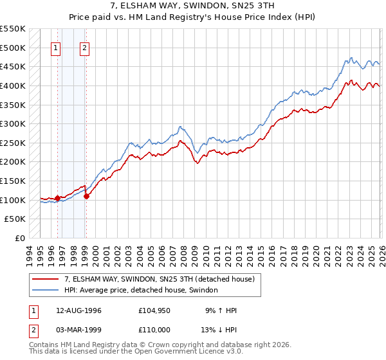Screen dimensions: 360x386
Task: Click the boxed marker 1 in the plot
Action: pos(56,47)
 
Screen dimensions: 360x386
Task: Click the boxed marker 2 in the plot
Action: pos(85,47)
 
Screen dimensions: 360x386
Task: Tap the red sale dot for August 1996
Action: pos(57,198)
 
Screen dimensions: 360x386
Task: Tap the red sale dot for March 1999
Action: pos(86,196)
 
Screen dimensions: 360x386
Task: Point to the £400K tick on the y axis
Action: pos(13,85)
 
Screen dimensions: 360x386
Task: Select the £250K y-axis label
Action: pos(13,143)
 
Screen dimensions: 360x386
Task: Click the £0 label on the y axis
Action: pos(19,238)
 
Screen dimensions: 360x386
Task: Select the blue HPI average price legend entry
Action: pos(141,291)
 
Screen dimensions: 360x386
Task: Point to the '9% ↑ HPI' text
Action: pos(222,310)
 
